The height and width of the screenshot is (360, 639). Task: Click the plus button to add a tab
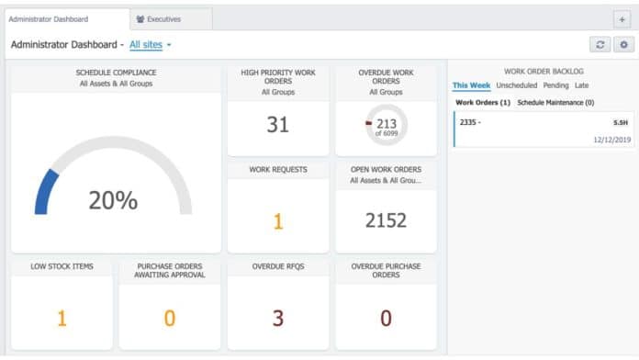coord(622,18)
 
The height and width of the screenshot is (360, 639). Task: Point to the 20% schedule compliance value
coord(113,200)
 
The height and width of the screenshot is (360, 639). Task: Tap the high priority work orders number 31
coord(277,124)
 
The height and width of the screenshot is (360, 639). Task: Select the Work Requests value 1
coord(277,220)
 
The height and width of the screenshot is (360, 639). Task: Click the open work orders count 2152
coord(385,220)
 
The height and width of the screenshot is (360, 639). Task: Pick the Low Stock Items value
coord(62,319)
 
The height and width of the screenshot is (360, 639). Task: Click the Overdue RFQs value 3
coord(277,319)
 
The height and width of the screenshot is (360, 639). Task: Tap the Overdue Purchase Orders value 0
coord(385,319)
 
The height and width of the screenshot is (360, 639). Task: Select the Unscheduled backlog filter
coord(516,85)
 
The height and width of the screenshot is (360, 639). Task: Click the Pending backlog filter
coord(555,85)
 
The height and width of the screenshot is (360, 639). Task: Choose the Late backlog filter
coord(582,85)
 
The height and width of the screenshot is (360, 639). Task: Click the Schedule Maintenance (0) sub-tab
coord(555,103)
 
